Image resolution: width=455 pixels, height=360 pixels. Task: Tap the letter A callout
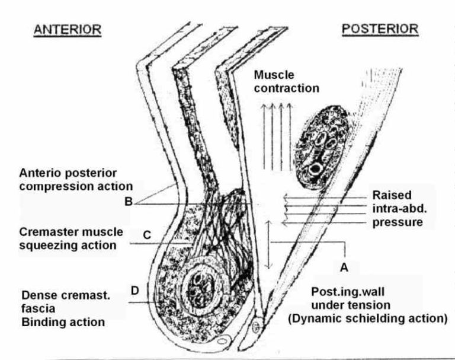(x=343, y=267)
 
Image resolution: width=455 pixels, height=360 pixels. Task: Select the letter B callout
(x=128, y=200)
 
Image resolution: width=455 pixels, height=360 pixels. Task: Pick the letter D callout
(x=135, y=290)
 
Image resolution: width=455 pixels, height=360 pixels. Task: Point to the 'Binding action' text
(x=63, y=323)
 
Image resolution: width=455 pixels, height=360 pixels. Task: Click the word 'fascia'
(x=36, y=309)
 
